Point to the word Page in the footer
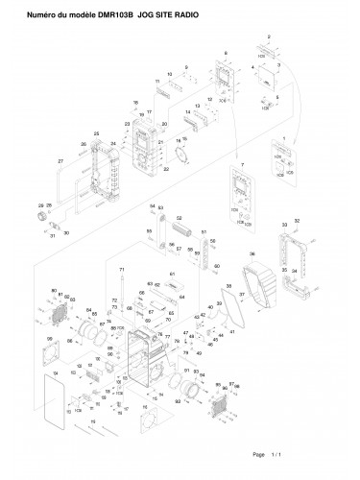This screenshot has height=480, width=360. coord(257,454)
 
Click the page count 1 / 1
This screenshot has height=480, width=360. coord(279,454)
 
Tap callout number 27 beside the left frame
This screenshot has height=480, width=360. coord(60,159)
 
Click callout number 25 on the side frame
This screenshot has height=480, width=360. coord(96,132)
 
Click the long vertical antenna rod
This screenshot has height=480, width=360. coord(124,317)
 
